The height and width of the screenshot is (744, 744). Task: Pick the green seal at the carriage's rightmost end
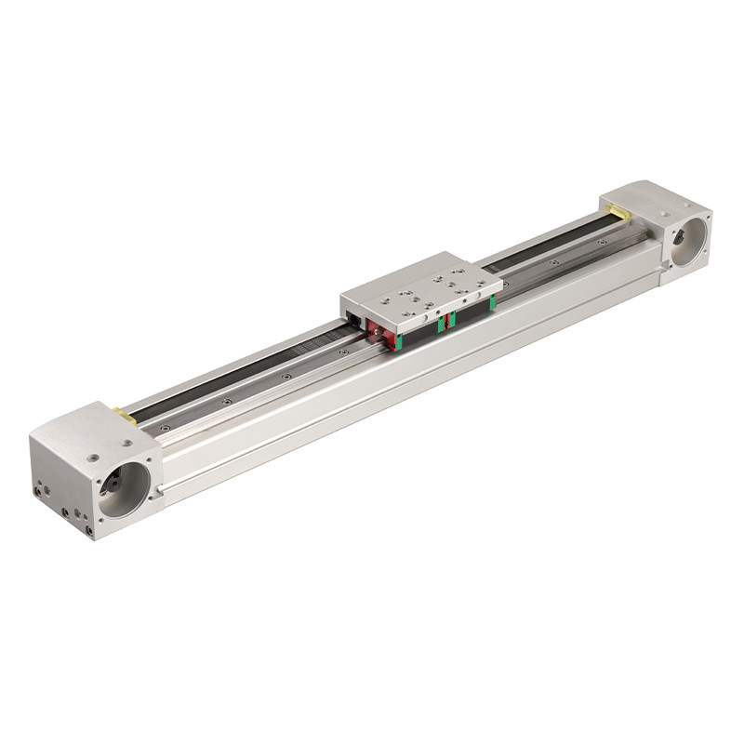(491, 301)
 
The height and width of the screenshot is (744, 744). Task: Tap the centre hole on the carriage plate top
(424, 291)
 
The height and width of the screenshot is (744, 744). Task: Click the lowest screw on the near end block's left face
(89, 530)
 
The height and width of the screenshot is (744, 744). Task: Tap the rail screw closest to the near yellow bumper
(166, 428)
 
